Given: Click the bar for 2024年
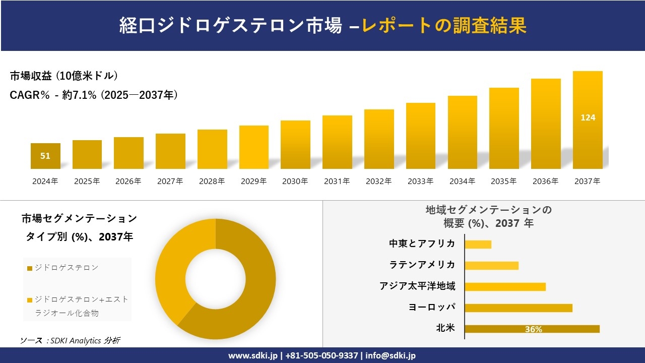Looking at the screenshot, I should [x=45, y=156].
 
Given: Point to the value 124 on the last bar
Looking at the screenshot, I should [x=588, y=117].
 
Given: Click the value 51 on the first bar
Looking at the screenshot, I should [x=45, y=156].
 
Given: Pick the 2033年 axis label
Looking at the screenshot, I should [x=420, y=181].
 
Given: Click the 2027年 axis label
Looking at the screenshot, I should [x=170, y=181].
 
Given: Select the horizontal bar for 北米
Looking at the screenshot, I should [x=532, y=329].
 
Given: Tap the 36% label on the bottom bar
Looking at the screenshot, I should [x=533, y=329].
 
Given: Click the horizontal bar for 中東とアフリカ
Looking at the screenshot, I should [x=478, y=245].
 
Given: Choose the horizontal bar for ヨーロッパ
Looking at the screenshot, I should [x=518, y=308].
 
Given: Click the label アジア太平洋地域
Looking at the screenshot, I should [x=417, y=286].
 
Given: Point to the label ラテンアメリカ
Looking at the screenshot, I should [x=422, y=265].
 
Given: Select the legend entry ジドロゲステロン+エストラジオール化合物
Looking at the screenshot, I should [x=81, y=306].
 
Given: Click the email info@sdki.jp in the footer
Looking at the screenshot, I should [x=391, y=355].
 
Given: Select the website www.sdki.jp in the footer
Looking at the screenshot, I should [x=252, y=355].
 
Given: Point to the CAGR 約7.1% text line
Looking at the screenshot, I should [x=94, y=95].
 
